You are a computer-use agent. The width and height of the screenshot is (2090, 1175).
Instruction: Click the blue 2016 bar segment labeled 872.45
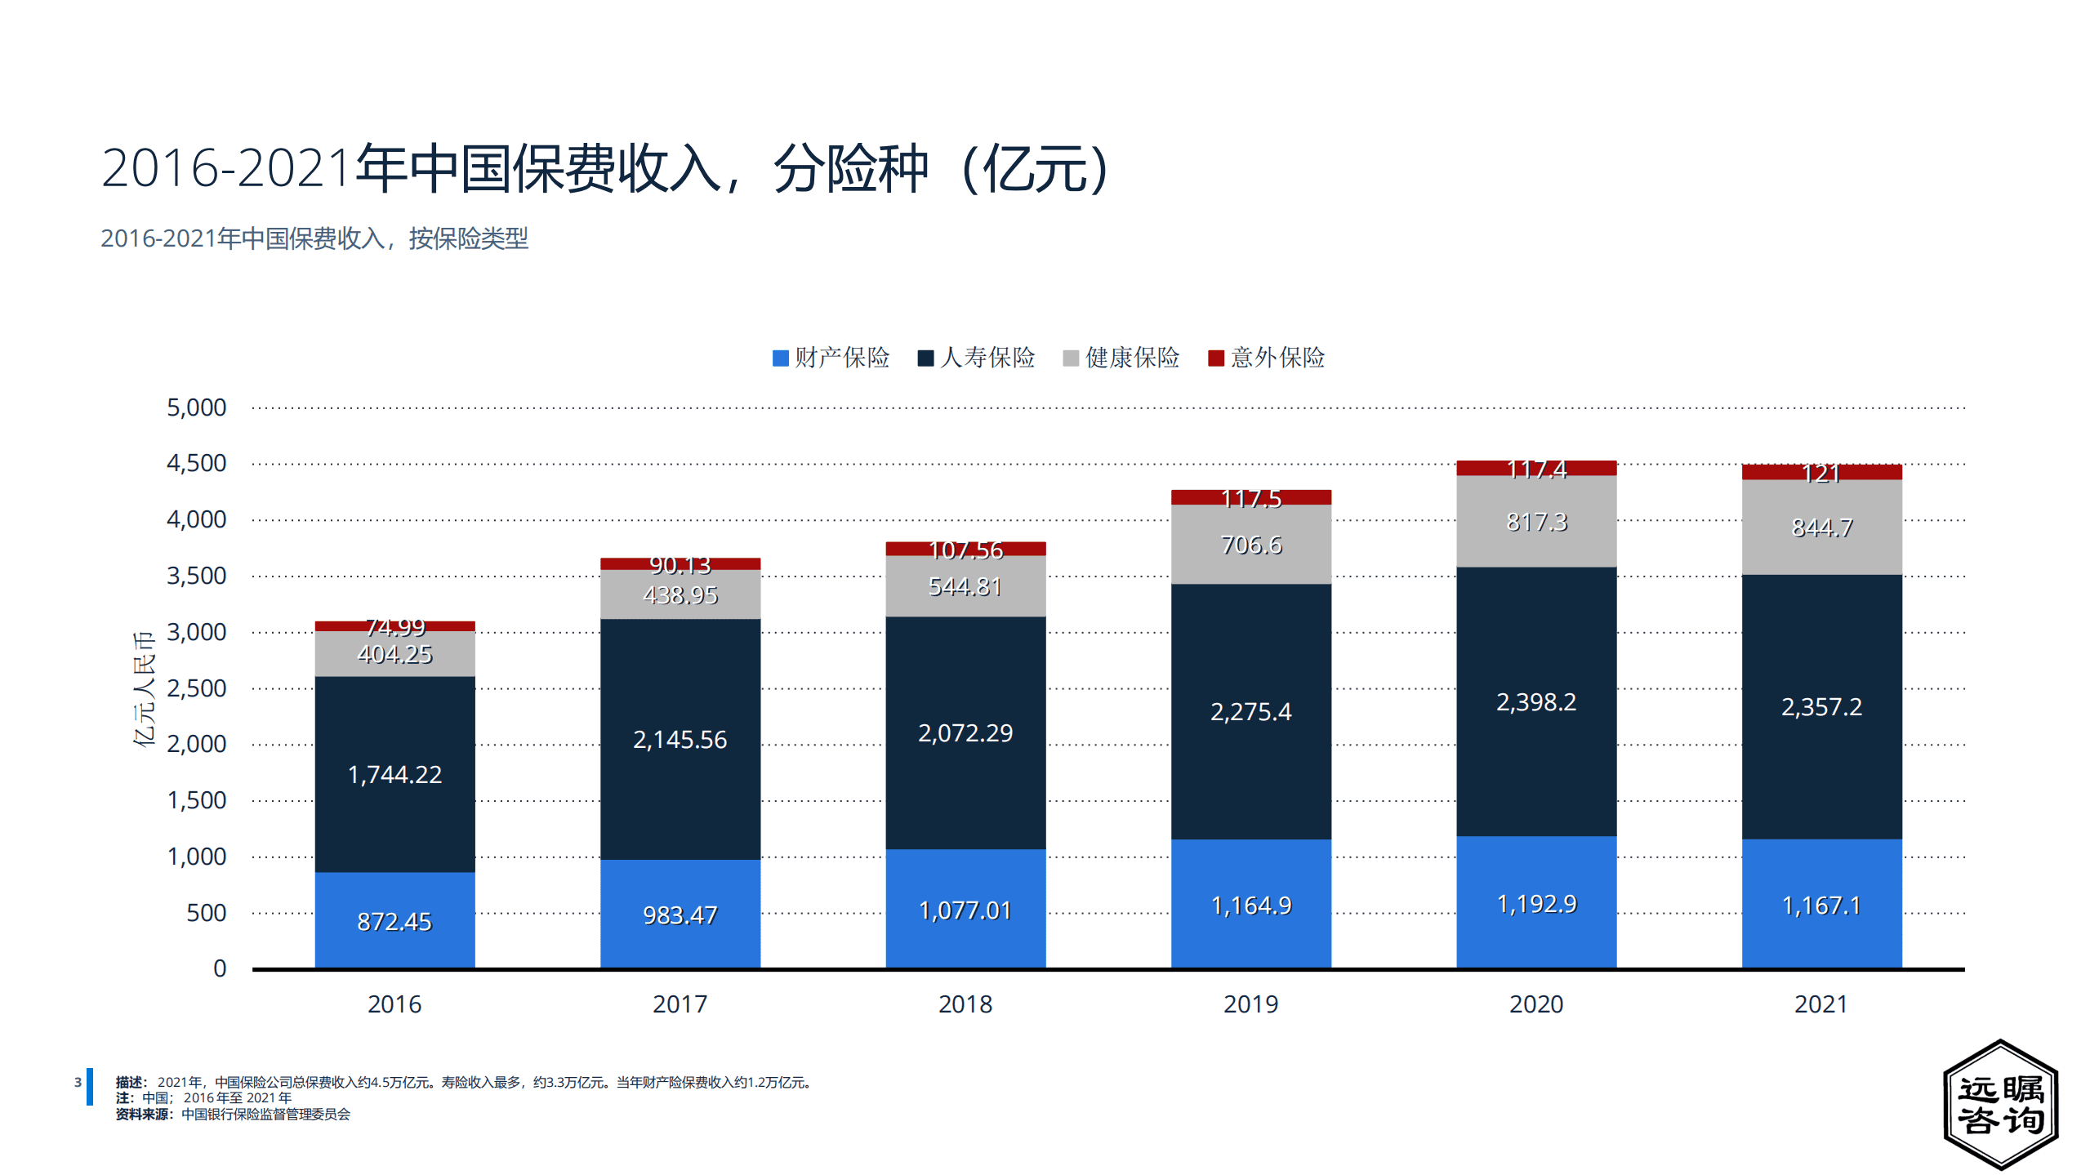394,920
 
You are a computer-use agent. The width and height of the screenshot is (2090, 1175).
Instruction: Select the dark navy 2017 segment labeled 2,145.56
680,739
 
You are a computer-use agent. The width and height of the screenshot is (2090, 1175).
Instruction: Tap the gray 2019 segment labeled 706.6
1250,544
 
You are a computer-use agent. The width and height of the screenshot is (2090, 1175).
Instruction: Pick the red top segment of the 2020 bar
1535,468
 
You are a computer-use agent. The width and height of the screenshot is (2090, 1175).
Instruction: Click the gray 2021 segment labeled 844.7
1821,527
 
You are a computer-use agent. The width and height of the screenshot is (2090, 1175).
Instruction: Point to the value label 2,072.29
965,732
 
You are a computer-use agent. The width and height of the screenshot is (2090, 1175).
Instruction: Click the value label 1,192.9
1535,903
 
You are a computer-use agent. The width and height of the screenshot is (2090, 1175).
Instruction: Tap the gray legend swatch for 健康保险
1071,358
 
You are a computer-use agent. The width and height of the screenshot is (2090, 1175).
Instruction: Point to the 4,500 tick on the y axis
196,463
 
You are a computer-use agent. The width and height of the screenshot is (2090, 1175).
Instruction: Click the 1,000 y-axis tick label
196,856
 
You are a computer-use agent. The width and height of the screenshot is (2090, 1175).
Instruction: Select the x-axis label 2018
965,1004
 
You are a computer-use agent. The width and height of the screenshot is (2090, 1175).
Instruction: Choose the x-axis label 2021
1821,1004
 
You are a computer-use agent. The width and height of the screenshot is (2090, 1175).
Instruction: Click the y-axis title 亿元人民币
144,688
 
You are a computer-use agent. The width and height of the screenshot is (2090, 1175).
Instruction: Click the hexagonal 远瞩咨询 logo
2000,1104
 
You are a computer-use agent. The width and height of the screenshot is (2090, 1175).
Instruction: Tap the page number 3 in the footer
78,1082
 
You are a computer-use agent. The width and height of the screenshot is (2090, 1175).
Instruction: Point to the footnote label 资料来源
144,1114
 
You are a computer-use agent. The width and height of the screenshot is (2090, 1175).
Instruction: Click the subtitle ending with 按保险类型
314,238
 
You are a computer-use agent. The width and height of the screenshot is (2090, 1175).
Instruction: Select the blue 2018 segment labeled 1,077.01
965,909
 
